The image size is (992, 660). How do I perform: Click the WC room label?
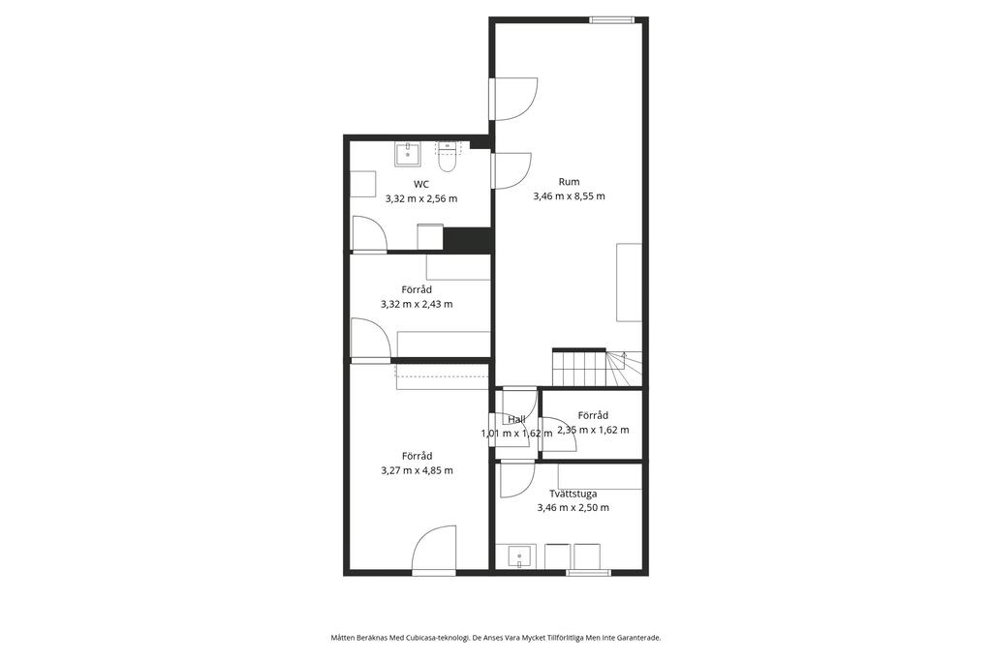click(x=420, y=185)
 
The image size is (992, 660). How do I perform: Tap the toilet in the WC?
click(x=448, y=158)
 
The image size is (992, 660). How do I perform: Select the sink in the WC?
click(x=408, y=154)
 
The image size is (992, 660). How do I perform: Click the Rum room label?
click(x=569, y=182)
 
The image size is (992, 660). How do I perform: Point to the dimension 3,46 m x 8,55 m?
click(x=569, y=196)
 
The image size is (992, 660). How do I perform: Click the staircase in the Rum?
click(x=597, y=367)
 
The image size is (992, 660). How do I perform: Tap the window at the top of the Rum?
click(x=612, y=20)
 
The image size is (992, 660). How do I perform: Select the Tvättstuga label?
click(x=573, y=494)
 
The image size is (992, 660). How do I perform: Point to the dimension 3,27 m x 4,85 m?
click(x=417, y=470)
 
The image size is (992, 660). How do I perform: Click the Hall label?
click(x=516, y=419)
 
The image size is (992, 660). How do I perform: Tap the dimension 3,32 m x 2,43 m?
click(x=417, y=304)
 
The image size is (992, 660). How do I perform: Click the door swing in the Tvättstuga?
click(x=517, y=480)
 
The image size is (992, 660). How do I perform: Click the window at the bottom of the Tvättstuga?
click(x=589, y=573)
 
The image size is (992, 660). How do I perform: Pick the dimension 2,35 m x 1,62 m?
click(x=593, y=430)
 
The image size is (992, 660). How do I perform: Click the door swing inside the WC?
click(x=369, y=234)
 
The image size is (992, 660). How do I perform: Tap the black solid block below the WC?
click(x=467, y=240)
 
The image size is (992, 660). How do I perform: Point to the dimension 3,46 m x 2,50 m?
click(x=573, y=508)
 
